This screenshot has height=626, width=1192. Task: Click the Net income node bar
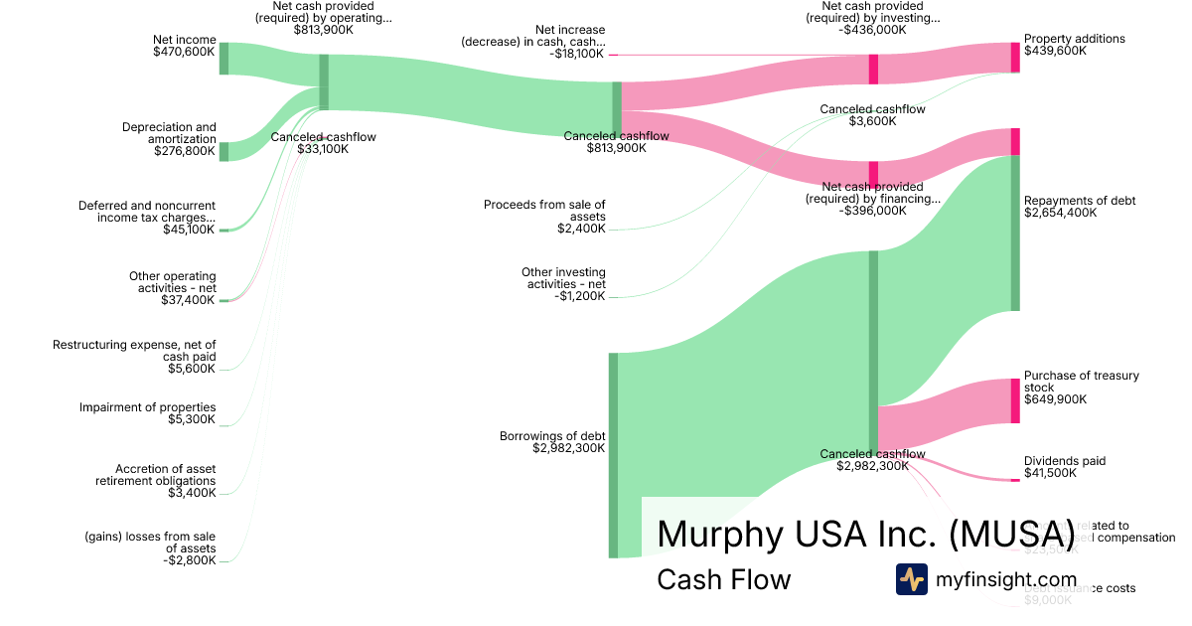pyautogui.click(x=223, y=59)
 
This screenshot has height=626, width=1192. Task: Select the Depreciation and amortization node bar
pyautogui.click(x=223, y=151)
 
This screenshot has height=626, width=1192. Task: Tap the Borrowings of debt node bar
pyautogui.click(x=613, y=455)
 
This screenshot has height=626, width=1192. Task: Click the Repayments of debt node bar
pyautogui.click(x=1015, y=234)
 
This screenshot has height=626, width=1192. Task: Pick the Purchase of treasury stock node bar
pyautogui.click(x=1015, y=400)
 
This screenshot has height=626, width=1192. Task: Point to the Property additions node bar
pyautogui.click(x=1015, y=58)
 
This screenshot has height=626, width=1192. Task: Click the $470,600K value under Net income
pyautogui.click(x=184, y=52)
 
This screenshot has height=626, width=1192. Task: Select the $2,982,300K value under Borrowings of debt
pyautogui.click(x=568, y=448)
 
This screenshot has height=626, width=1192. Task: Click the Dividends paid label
pyautogui.click(x=1065, y=461)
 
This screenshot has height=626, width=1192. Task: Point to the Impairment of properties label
pyautogui.click(x=147, y=407)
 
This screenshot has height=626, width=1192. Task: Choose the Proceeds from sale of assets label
pyautogui.click(x=544, y=211)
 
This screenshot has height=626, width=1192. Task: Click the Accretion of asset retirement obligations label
pyautogui.click(x=155, y=475)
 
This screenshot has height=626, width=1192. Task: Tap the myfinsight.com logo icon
pyautogui.click(x=911, y=579)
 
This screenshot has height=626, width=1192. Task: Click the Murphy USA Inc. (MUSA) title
pyautogui.click(x=865, y=534)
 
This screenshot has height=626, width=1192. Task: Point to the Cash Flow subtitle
pyautogui.click(x=723, y=579)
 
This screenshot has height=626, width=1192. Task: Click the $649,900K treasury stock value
pyautogui.click(x=1055, y=399)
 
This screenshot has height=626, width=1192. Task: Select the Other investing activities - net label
pyautogui.click(x=563, y=278)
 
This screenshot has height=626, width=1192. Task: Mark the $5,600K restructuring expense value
pyautogui.click(x=192, y=369)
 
